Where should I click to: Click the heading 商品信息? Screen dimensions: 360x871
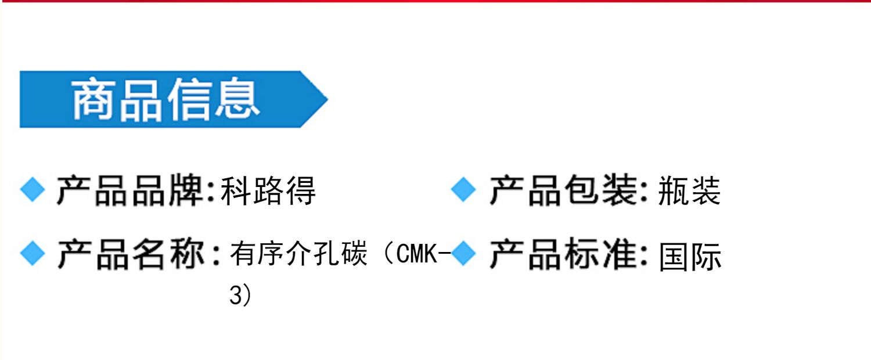165,100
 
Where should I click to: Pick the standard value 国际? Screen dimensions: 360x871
690,256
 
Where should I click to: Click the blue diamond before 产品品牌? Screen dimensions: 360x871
33,190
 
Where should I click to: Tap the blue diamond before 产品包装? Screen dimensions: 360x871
463,190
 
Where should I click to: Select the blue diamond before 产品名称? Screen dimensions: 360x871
33,254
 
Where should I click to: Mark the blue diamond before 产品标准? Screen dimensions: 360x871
463,254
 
